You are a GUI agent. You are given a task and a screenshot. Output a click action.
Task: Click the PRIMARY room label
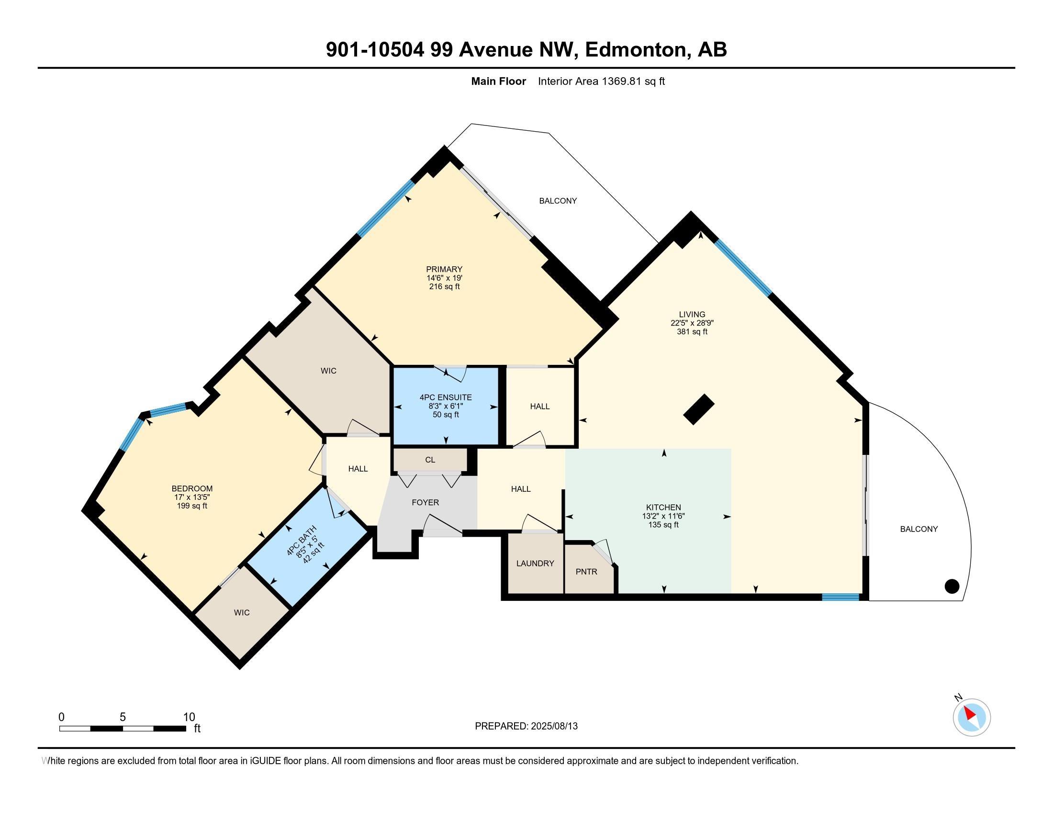tap(444, 269)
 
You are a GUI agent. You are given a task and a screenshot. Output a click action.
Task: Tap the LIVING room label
tap(692, 315)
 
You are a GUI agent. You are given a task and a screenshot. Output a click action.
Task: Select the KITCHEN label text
tap(663, 507)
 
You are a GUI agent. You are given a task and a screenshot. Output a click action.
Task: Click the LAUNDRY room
tap(535, 563)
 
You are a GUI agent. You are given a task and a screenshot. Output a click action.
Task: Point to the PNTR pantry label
tap(586, 571)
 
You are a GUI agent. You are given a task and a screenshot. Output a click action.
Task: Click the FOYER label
tap(425, 502)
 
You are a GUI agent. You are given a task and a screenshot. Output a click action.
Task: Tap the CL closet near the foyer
tap(430, 460)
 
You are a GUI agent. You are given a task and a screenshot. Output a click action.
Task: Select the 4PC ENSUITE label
tap(446, 397)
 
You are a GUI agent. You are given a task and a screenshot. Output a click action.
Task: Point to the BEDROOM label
tap(192, 488)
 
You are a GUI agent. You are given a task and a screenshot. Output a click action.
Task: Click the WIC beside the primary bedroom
tap(328, 371)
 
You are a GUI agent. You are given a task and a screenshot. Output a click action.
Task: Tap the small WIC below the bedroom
tap(242, 612)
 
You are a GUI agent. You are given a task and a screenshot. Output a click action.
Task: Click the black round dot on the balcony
tap(952, 587)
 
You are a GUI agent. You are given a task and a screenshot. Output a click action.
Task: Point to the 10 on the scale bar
tap(189, 717)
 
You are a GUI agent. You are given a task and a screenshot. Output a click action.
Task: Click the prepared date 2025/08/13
tap(553, 726)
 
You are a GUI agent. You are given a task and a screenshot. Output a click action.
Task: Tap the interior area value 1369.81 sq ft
tap(633, 81)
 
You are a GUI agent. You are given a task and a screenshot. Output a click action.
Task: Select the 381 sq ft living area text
tap(692, 332)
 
